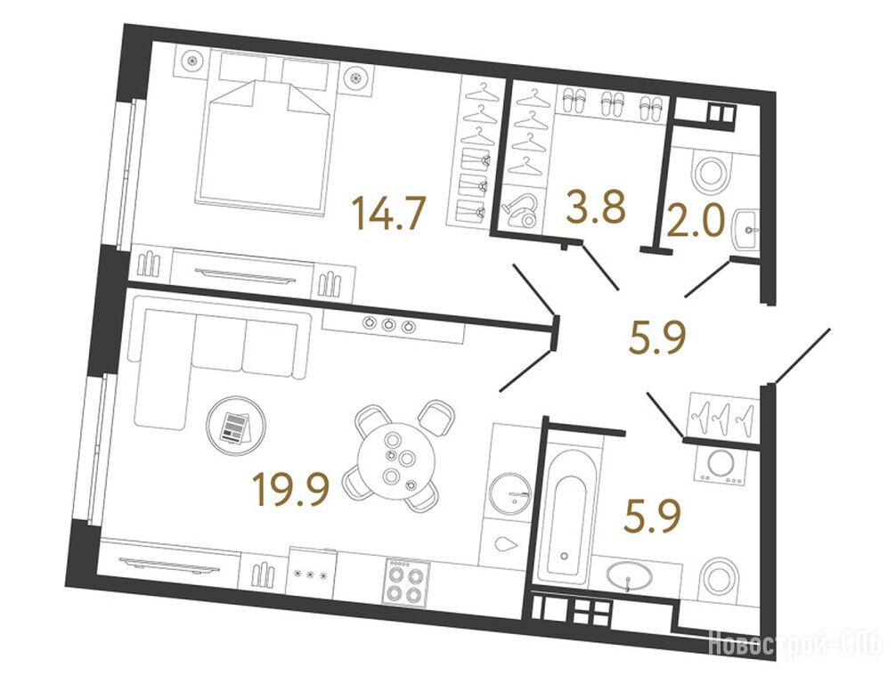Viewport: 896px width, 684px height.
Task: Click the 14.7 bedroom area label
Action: coord(390,212)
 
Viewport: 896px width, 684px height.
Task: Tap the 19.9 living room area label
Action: coord(291,490)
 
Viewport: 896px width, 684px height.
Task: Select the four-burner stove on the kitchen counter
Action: coord(406,582)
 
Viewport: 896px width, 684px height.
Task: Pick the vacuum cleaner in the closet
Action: coord(519,209)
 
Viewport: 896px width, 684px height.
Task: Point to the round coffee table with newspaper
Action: coord(236,426)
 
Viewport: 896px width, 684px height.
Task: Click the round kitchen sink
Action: coord(510,493)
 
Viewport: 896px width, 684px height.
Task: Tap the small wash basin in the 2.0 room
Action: coord(747,230)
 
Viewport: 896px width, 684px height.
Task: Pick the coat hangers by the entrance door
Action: coord(722,415)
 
